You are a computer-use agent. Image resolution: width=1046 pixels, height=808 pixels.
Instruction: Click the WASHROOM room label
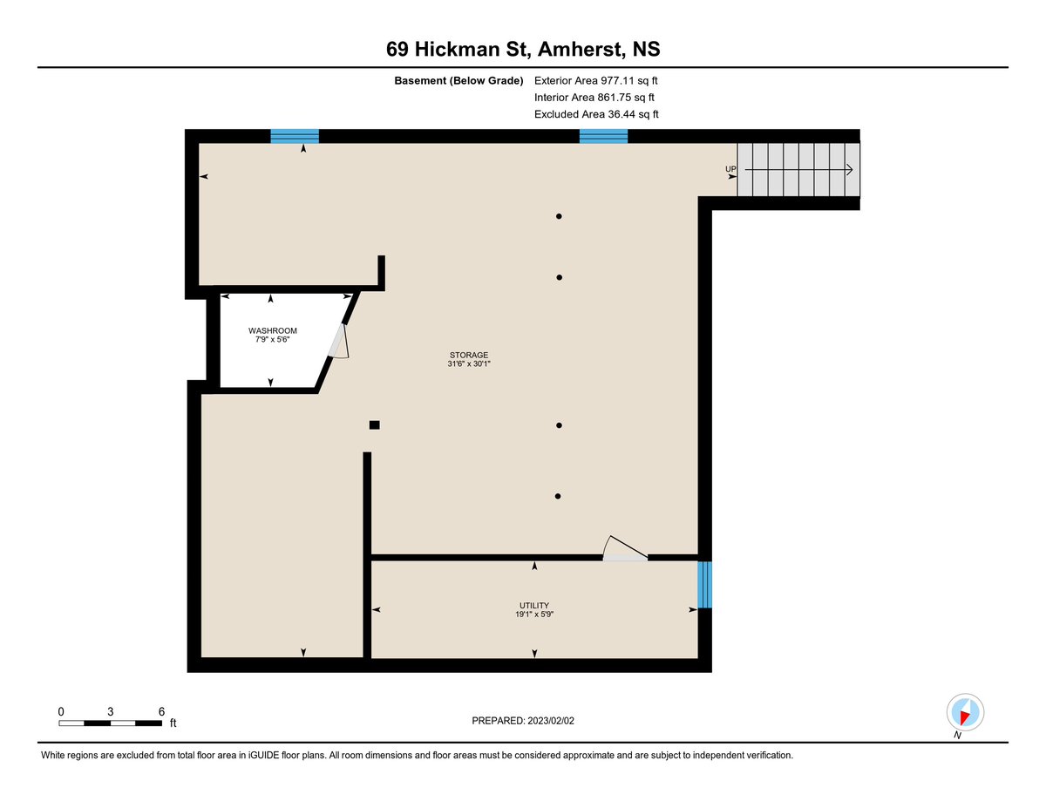tap(272, 330)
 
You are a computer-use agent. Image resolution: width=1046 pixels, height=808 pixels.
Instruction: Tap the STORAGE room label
tap(468, 355)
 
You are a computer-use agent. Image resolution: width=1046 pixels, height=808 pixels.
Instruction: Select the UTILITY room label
tap(533, 605)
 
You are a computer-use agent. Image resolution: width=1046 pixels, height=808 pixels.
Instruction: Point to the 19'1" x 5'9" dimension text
tap(533, 614)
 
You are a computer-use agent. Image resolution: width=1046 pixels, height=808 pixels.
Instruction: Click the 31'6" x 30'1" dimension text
tap(468, 363)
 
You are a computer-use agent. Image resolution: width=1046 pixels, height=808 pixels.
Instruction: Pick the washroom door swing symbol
tap(339, 341)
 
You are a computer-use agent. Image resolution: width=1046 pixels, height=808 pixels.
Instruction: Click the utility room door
tap(625, 549)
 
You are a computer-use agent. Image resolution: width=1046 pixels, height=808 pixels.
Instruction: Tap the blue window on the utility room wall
tap(704, 584)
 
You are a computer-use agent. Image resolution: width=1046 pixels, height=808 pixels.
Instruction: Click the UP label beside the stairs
tap(730, 169)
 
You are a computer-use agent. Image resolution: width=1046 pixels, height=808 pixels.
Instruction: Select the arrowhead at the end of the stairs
tap(849, 169)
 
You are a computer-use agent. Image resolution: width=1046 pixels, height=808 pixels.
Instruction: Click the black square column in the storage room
tap(374, 424)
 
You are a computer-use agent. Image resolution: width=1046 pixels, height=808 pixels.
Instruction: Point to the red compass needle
tap(964, 717)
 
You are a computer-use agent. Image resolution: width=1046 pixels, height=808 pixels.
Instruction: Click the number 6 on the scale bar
tap(161, 711)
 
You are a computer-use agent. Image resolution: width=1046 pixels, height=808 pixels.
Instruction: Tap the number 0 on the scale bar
tap(61, 711)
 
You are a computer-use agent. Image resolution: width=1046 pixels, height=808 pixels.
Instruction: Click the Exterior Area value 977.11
tap(617, 80)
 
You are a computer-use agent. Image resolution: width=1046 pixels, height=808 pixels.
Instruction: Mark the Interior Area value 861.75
tap(614, 98)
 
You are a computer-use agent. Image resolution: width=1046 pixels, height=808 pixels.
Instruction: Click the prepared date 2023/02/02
tap(551, 721)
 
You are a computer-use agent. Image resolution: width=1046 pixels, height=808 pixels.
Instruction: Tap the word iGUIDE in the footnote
tap(263, 755)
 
